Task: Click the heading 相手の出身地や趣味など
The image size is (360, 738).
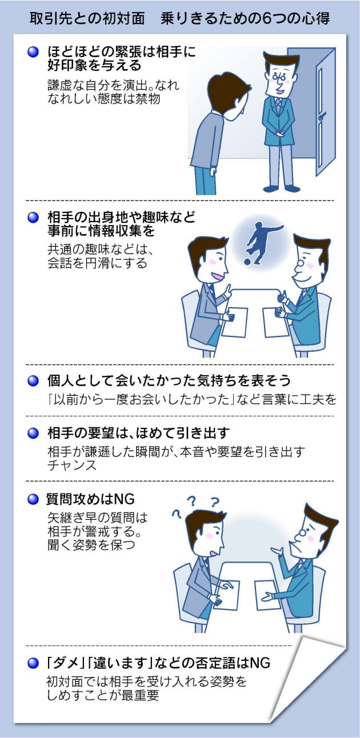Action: point(120,218)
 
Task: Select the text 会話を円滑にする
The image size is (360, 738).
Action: point(97,263)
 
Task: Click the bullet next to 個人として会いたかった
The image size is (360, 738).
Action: point(33,379)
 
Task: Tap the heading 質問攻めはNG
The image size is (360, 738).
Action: point(90,499)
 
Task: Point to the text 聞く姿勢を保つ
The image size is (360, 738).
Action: point(91,546)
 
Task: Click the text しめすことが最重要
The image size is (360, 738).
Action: point(103,696)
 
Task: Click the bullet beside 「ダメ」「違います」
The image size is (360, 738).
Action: point(33,663)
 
